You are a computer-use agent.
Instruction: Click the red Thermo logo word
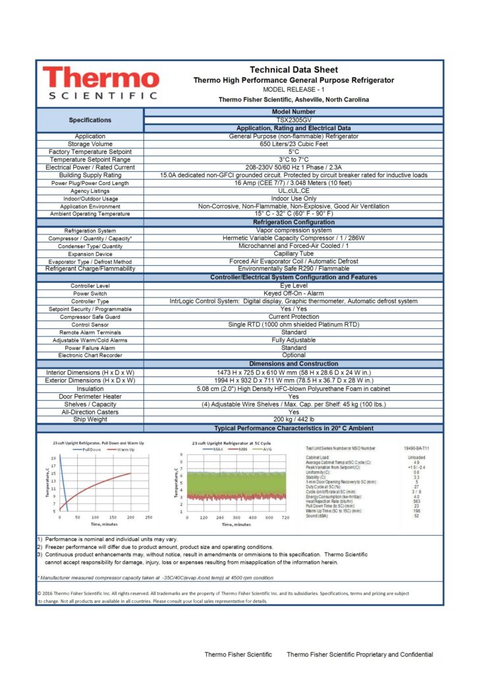tap(100, 78)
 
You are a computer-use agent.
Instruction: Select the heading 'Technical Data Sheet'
tap(293, 70)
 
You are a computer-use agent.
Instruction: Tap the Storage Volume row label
tap(90, 144)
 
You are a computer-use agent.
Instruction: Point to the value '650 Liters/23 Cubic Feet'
tap(293, 144)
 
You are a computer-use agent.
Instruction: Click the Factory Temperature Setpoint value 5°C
tap(293, 152)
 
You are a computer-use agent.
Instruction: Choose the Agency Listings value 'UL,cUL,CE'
tap(293, 190)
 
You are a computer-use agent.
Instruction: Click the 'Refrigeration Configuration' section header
tap(293, 222)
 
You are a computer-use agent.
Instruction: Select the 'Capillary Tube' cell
tap(293, 253)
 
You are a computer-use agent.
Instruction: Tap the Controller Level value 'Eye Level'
tap(293, 286)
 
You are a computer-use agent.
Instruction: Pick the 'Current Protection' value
tap(293, 317)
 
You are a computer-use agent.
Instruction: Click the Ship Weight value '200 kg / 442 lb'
tap(293, 419)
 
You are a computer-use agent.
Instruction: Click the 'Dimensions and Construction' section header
tap(293, 364)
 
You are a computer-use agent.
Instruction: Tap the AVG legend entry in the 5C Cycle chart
tap(266, 449)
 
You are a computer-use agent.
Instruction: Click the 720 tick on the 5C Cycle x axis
tap(285, 517)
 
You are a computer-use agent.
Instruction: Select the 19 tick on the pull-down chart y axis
tap(53, 457)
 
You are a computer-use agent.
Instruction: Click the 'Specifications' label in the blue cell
tap(90, 120)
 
